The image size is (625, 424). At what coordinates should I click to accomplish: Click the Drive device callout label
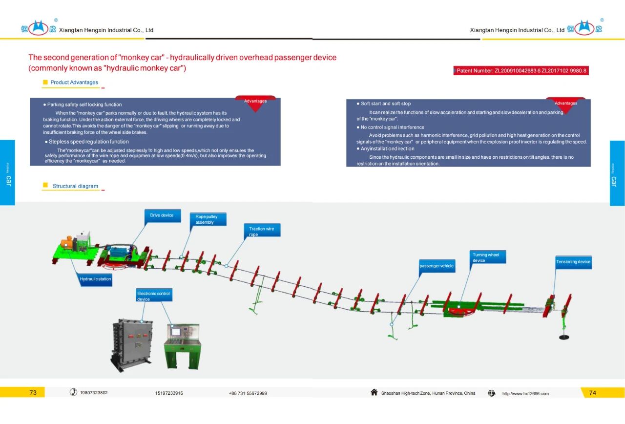pos(162,215)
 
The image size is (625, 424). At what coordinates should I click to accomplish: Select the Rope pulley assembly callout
pos(208,219)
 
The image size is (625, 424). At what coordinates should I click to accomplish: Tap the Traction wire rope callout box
pos(262,231)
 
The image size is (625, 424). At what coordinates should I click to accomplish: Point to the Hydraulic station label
pos(96,279)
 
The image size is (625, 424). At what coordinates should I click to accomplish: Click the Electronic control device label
pos(154,296)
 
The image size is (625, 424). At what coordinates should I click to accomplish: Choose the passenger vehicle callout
pos(437,266)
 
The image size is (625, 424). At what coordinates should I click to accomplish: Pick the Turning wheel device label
pos(488,257)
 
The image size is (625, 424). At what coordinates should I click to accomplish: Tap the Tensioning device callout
pos(573,262)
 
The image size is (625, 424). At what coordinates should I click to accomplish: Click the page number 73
pos(33,393)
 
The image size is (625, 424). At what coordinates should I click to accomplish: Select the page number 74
pos(592,393)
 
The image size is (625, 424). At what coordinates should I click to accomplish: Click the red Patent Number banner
pos(521,71)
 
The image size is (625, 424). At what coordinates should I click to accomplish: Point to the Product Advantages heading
pos(74,83)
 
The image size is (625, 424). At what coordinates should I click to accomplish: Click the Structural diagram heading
pos(75,186)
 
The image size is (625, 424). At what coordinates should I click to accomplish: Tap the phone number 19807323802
pos(94,393)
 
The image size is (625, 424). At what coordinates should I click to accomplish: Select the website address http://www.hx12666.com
pos(525,394)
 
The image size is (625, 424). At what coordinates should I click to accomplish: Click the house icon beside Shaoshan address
pos(374,392)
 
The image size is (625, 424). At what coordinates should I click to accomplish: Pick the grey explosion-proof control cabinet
pos(132,345)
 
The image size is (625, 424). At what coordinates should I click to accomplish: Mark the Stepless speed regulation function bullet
pos(88,142)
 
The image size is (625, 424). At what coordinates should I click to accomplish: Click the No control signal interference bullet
pos(393,127)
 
